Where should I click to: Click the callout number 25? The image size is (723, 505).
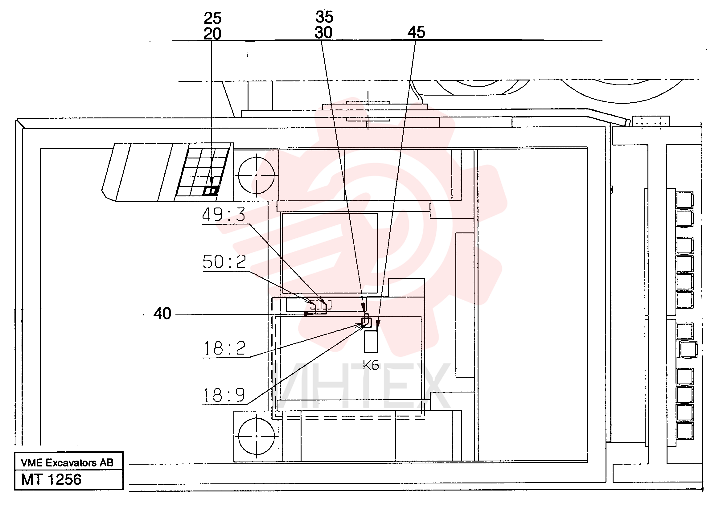coord(212,18)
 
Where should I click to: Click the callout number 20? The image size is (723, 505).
coord(212,34)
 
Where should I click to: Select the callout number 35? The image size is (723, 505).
coord(324,17)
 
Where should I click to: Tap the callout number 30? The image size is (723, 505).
coord(324,32)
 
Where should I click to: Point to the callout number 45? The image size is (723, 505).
coord(416,32)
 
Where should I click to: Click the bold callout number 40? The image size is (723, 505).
coord(162,314)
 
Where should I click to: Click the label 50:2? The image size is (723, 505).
coord(224,262)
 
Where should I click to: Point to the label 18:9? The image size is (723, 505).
coord(224,395)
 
